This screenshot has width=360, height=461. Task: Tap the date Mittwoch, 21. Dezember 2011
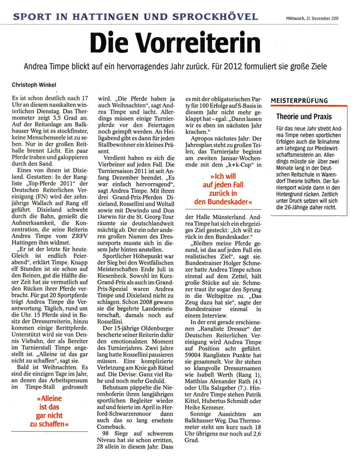[x=312, y=19]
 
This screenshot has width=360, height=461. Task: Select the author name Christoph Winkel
[x=34, y=85]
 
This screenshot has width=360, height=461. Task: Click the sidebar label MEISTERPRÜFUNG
[x=299, y=101]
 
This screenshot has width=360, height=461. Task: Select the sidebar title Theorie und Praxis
[x=304, y=116]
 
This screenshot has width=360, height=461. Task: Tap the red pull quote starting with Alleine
[x=49, y=411]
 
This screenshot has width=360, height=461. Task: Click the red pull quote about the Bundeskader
[x=223, y=189]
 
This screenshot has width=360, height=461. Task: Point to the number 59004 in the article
[x=193, y=355]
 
